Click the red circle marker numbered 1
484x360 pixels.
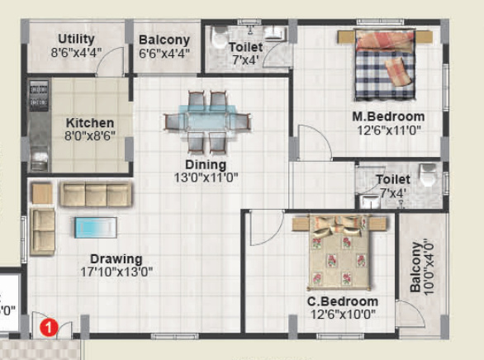click(49, 328)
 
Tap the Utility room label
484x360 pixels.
click(76, 39)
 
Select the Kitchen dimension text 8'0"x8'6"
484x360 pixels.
click(90, 136)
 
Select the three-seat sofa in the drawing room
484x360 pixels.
click(95, 195)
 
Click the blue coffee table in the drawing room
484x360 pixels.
click(95, 226)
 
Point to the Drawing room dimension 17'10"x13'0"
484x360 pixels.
click(116, 272)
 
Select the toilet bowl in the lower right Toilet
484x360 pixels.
click(426, 176)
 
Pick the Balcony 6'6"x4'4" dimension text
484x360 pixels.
click(164, 53)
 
